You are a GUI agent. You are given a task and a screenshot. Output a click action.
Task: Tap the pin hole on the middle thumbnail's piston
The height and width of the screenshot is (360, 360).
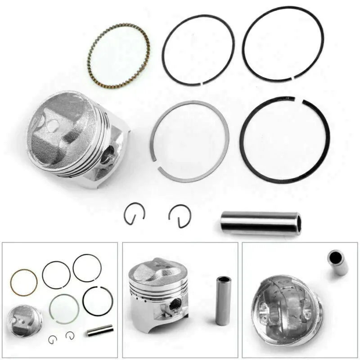click(176, 304)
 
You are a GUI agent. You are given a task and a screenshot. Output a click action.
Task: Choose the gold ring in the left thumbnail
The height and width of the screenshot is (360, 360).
click(23, 282)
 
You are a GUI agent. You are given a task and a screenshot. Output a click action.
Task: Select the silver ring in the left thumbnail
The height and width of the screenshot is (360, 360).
click(64, 309)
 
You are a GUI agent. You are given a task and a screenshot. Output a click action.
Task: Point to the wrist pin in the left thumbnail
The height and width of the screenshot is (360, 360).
click(100, 331)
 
